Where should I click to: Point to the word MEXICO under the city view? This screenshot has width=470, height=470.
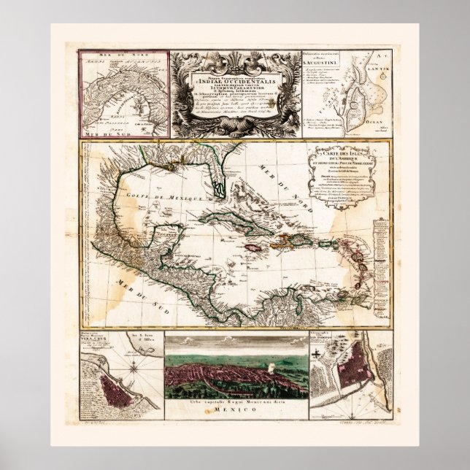(234, 412)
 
